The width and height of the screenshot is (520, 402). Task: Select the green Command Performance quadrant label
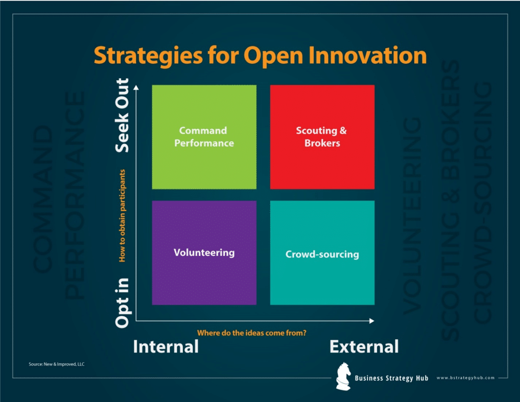[x=203, y=136]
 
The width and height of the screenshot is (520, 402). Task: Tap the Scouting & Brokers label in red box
[x=321, y=136]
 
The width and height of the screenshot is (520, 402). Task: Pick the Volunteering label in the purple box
[x=204, y=252]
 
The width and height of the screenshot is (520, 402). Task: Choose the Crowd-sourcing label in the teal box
[x=322, y=254]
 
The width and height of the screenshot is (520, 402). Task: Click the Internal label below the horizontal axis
[x=166, y=347]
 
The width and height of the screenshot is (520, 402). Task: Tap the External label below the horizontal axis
[x=364, y=347]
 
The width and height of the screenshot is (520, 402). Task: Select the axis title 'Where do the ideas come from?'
[x=251, y=333]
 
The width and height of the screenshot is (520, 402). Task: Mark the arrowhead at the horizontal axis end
[x=372, y=321]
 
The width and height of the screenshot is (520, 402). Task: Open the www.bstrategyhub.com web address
[x=465, y=378]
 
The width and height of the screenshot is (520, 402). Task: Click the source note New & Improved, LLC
[x=57, y=364]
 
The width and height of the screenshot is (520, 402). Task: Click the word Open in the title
[x=274, y=56]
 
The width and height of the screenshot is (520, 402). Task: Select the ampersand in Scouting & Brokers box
[x=343, y=131]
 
